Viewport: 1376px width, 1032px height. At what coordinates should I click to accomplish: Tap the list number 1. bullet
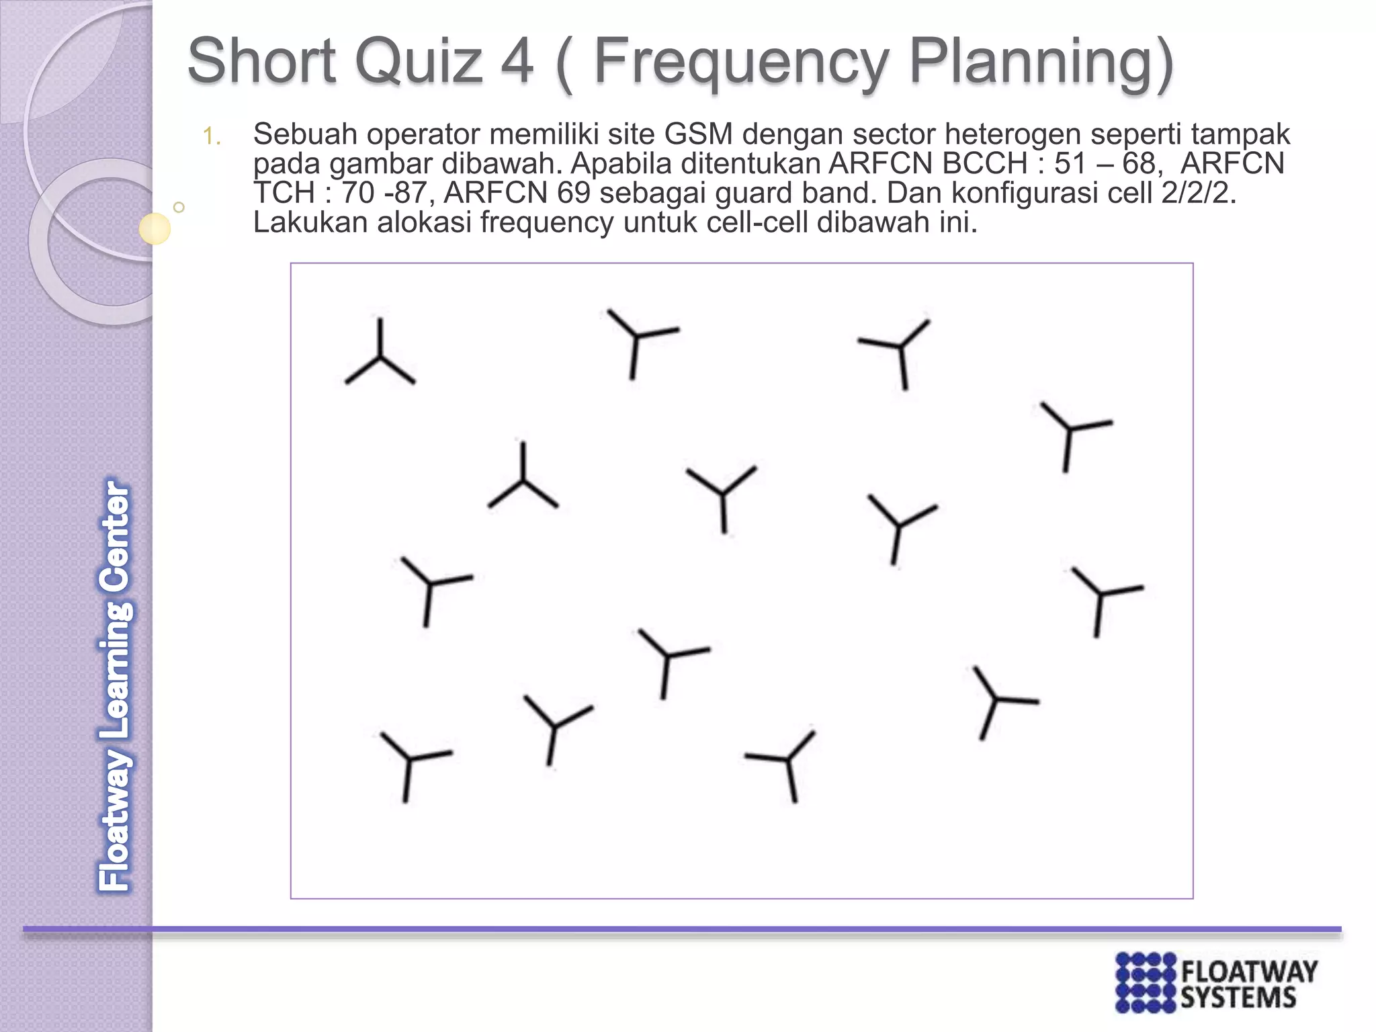212,137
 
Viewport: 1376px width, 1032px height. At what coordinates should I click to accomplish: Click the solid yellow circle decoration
155,228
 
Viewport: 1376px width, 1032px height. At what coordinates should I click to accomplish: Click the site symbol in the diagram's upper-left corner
380,356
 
